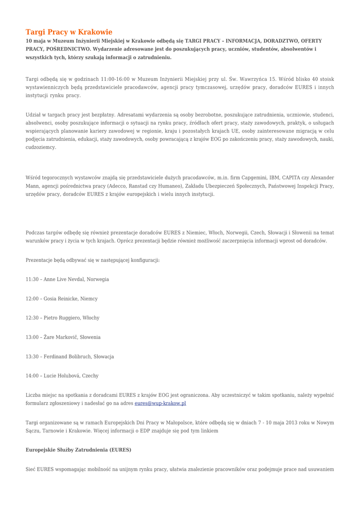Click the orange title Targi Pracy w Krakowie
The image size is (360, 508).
(69, 32)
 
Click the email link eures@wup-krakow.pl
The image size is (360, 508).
(160, 403)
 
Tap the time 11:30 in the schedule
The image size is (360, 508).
(32, 279)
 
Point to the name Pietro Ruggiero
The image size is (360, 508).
(64, 318)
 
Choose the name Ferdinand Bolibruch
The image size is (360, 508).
(67, 357)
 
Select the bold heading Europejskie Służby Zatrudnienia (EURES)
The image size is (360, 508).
(78, 449)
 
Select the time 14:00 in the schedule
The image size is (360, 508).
(32, 376)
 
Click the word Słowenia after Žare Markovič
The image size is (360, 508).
(88, 337)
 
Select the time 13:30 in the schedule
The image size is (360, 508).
(32, 357)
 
